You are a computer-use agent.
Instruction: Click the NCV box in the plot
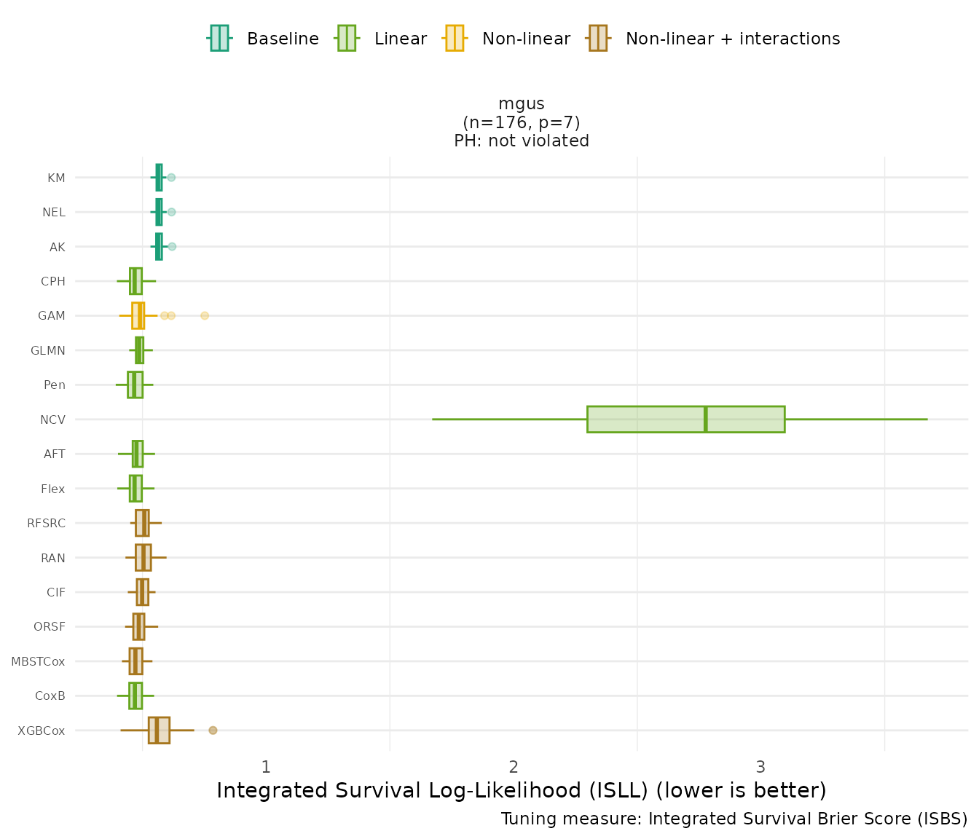[685, 419]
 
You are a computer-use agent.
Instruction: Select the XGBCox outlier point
[213, 730]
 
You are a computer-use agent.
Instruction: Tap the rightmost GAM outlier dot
[205, 316]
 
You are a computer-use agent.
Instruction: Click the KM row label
[56, 178]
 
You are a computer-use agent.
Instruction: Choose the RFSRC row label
[46, 524]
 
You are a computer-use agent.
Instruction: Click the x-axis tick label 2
[514, 767]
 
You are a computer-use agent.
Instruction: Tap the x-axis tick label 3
[760, 767]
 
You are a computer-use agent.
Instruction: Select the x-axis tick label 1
[266, 767]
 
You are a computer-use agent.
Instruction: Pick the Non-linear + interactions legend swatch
[597, 39]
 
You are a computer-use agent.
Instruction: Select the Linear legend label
[400, 39]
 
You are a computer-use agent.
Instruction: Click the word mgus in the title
[522, 104]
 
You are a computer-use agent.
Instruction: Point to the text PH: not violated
[522, 141]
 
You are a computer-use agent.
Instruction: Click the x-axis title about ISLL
[522, 791]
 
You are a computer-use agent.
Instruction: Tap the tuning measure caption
[734, 819]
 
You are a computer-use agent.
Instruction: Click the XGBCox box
[159, 730]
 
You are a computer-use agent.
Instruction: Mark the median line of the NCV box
[705, 419]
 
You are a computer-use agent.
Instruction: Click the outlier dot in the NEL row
[171, 212]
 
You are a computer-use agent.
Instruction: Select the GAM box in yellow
[138, 316]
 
